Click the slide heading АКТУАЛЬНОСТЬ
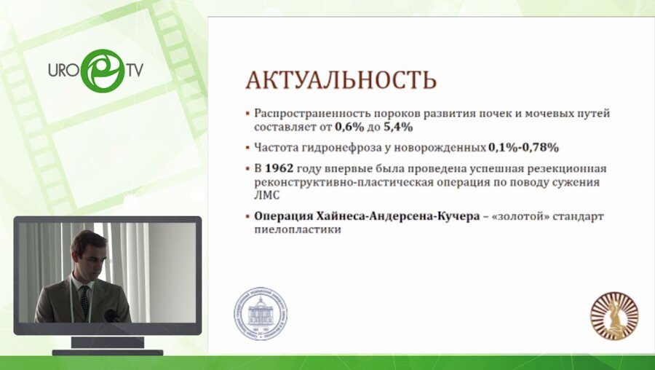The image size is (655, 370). pos(341,79)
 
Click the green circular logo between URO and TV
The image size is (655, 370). pos(102,70)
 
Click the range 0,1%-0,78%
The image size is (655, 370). pos(523,148)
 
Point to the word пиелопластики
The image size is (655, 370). pos(298,229)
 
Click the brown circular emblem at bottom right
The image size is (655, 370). pos(614,316)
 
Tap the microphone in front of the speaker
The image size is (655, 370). pos(111,315)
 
